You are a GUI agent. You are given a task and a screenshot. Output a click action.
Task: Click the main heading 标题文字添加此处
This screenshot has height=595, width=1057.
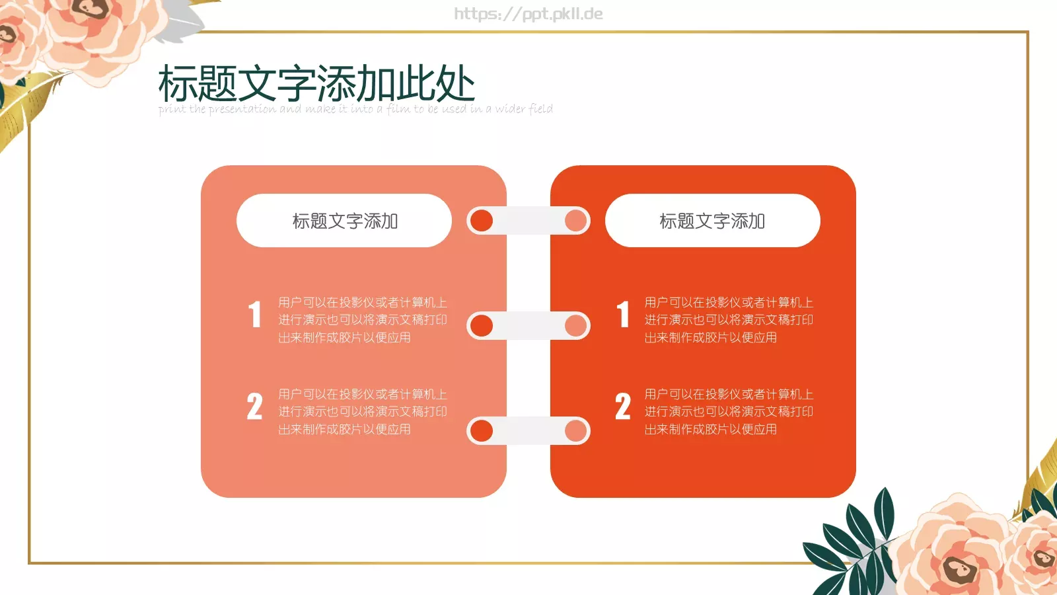[x=316, y=84]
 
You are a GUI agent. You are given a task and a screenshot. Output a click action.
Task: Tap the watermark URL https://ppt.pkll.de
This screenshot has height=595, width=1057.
[x=528, y=14]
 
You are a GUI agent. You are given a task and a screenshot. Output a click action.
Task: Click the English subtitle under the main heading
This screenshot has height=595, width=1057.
[x=355, y=109]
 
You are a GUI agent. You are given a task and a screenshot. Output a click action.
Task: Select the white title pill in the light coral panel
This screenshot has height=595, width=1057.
[x=344, y=221]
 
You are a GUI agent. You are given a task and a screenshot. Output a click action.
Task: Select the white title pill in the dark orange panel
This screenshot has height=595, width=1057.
[x=712, y=221]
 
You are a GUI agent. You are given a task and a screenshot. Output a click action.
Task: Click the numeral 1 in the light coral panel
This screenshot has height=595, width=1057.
[x=255, y=314]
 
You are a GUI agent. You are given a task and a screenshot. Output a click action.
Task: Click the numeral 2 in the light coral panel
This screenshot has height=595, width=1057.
[x=255, y=406]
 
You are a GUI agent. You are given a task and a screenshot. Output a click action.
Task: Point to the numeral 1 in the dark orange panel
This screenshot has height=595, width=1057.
[x=623, y=314]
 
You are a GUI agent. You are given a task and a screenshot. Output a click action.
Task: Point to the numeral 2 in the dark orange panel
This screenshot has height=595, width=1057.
[x=623, y=406]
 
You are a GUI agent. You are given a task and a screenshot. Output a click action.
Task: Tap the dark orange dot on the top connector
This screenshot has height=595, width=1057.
[x=482, y=221]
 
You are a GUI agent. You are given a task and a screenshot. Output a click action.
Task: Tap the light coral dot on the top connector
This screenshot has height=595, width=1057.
[x=576, y=221]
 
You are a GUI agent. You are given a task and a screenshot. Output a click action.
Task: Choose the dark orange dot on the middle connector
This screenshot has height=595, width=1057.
[x=482, y=325]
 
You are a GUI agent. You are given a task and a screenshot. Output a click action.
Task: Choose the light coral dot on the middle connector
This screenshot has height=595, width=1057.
[x=576, y=325]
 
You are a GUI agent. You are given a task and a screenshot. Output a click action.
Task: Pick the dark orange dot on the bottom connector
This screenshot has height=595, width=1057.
[x=482, y=430]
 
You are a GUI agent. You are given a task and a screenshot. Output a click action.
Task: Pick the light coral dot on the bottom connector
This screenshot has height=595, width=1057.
[x=576, y=430]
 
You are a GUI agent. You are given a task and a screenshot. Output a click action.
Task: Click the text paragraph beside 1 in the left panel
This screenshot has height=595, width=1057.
[x=362, y=320]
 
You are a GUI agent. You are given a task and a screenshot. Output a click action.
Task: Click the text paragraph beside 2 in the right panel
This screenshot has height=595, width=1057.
[x=729, y=412]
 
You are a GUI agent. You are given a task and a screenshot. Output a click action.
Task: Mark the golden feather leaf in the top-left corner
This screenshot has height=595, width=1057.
[x=26, y=106]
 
